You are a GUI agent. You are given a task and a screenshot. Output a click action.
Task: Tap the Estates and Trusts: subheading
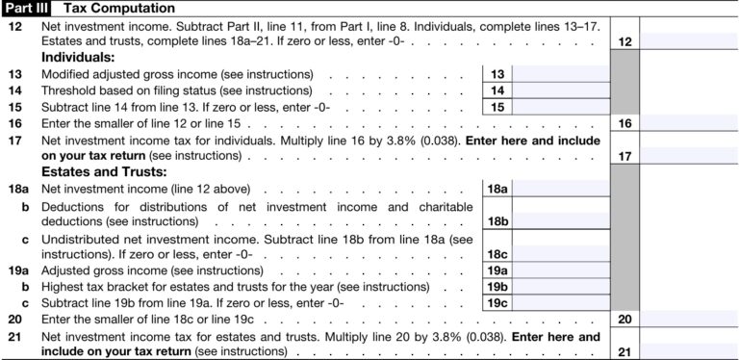pos(100,172)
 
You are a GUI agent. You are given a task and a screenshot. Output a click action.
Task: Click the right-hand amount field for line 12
pos(689,41)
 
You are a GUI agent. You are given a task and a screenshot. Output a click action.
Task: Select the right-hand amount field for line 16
pos(689,123)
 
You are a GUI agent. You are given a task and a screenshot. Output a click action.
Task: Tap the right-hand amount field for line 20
pos(689,319)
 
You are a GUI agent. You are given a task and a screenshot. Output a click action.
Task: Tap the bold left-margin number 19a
pos(18,270)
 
